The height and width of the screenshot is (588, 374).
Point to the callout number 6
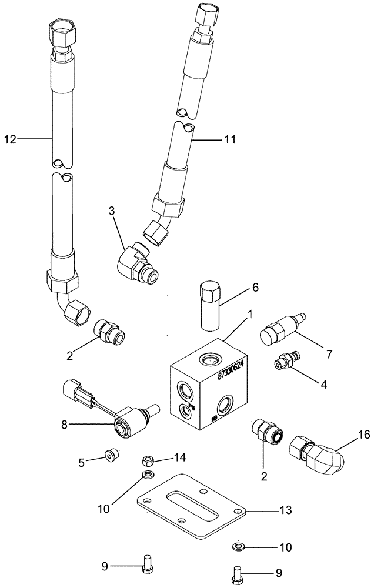[255, 288]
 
